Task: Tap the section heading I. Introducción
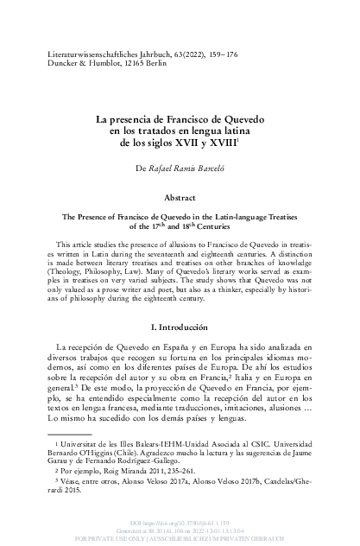(180, 303)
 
